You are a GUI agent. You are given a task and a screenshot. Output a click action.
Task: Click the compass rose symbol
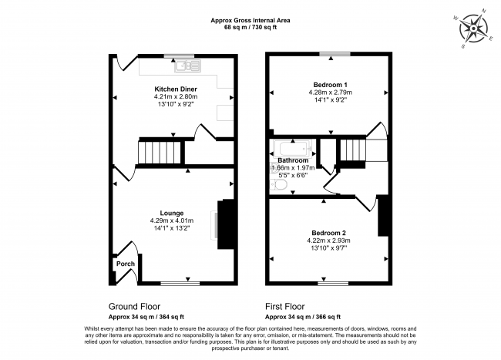click(x=473, y=29)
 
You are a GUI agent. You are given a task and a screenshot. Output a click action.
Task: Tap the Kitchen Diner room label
click(x=176, y=89)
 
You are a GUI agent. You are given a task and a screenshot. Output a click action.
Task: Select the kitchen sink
click(x=188, y=66)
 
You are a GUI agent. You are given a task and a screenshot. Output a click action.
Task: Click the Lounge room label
click(x=172, y=213)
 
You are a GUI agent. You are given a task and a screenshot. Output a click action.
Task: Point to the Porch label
click(x=125, y=264)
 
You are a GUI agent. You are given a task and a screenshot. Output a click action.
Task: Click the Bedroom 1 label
click(x=330, y=85)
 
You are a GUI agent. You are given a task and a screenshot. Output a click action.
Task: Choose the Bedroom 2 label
click(x=328, y=233)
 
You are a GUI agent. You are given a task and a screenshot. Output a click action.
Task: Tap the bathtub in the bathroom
click(x=293, y=149)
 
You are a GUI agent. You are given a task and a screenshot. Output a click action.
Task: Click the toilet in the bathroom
click(x=278, y=185)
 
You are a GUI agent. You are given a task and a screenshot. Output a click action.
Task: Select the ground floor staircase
click(x=160, y=153)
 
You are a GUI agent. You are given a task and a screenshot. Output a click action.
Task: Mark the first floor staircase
click(x=353, y=150)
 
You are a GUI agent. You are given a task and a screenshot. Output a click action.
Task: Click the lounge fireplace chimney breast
click(x=226, y=224)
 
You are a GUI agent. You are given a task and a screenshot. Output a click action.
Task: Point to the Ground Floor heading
click(x=134, y=307)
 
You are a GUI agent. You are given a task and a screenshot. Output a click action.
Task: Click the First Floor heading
click(x=284, y=307)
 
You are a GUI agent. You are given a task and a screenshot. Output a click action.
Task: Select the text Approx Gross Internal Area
click(x=250, y=21)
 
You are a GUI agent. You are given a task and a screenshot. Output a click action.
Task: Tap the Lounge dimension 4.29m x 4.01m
click(x=172, y=220)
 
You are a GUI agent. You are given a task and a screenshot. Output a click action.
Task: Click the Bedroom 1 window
click(x=335, y=54)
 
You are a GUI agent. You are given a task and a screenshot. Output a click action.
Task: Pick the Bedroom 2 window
click(x=333, y=283)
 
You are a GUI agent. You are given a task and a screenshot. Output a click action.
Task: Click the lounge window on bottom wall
click(x=180, y=283)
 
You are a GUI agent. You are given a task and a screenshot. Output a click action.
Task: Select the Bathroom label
click(x=293, y=160)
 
